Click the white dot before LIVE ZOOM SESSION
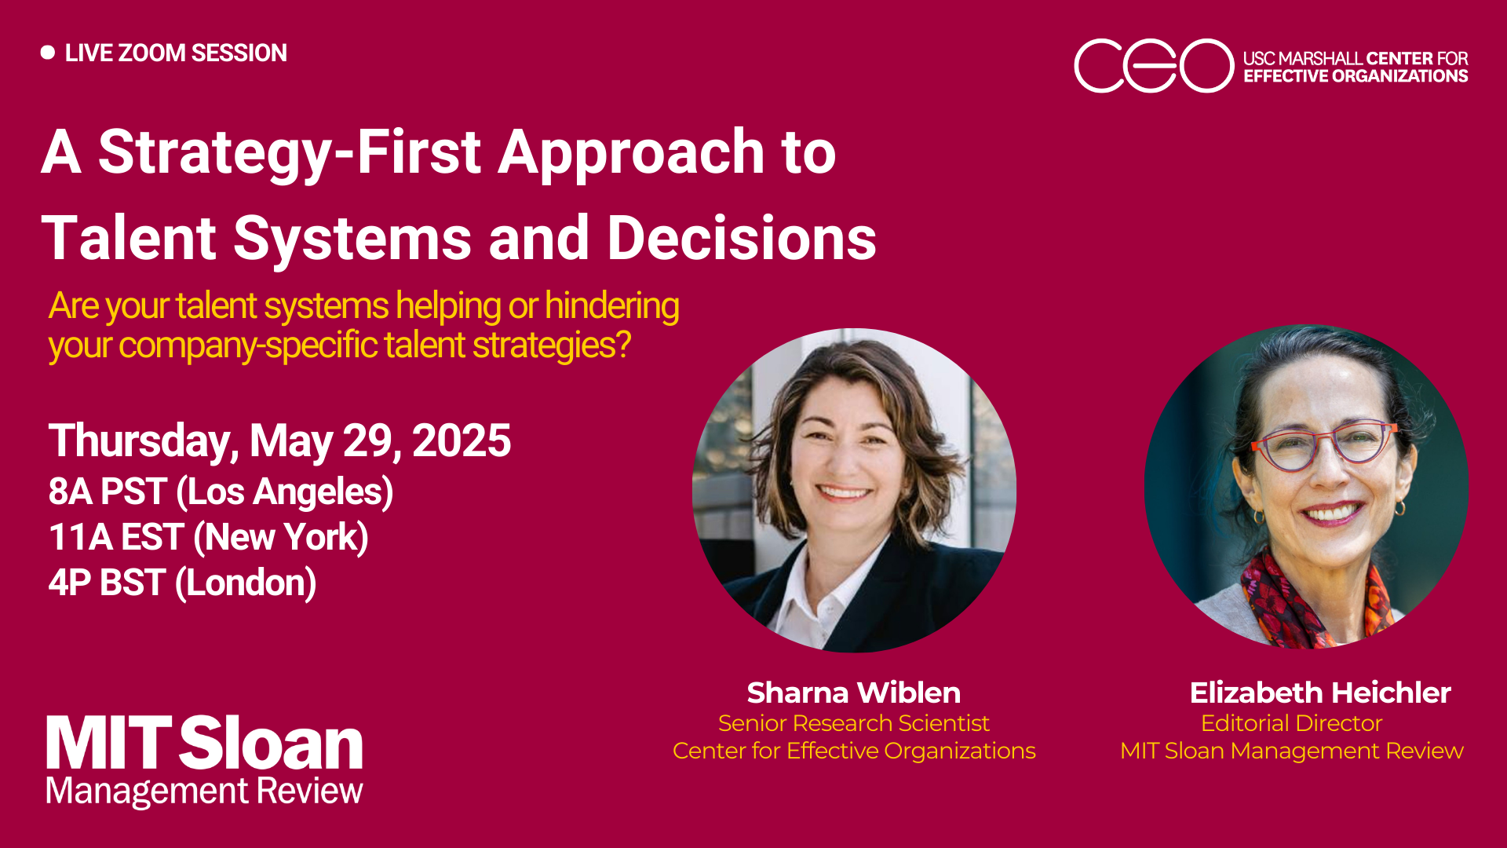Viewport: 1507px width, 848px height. (x=48, y=53)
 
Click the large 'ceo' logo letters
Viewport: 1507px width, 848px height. (x=1153, y=66)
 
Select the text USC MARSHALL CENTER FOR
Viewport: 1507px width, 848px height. (x=1355, y=58)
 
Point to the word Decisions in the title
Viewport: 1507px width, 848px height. (x=742, y=238)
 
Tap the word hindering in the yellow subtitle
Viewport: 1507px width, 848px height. (x=611, y=305)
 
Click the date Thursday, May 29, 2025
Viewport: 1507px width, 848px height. (x=279, y=440)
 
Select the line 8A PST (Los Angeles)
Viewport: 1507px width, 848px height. (x=221, y=492)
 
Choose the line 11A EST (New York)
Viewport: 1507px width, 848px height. (x=208, y=537)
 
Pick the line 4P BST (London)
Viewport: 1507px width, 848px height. (x=182, y=583)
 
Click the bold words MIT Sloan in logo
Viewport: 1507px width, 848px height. (x=204, y=743)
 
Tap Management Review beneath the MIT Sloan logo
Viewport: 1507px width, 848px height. (x=204, y=791)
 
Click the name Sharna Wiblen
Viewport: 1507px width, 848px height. (x=853, y=693)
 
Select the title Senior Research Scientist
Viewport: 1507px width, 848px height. (x=853, y=722)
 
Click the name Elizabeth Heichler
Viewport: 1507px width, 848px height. (x=1319, y=693)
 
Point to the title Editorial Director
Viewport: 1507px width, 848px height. (x=1291, y=722)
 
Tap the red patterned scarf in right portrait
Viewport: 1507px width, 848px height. (x=1287, y=597)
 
